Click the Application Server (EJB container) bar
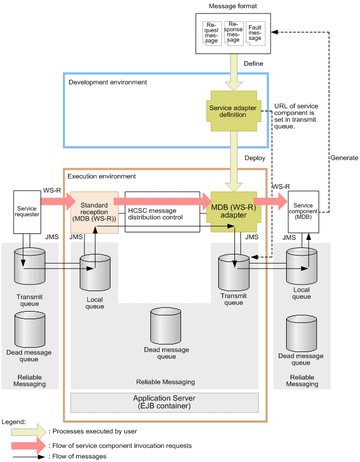coord(165,402)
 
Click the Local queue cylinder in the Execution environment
coord(94,272)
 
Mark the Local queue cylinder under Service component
coord(301,266)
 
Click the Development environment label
coord(108,82)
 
